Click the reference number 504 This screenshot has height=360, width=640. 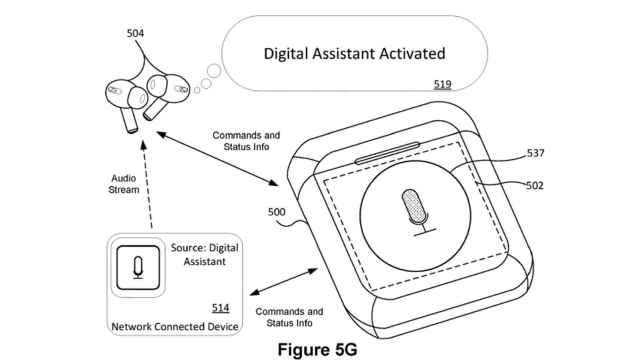pos(134,34)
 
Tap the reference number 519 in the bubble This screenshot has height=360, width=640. pos(441,84)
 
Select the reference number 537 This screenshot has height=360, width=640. pos(537,154)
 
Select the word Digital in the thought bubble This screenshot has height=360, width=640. pos(290,51)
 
